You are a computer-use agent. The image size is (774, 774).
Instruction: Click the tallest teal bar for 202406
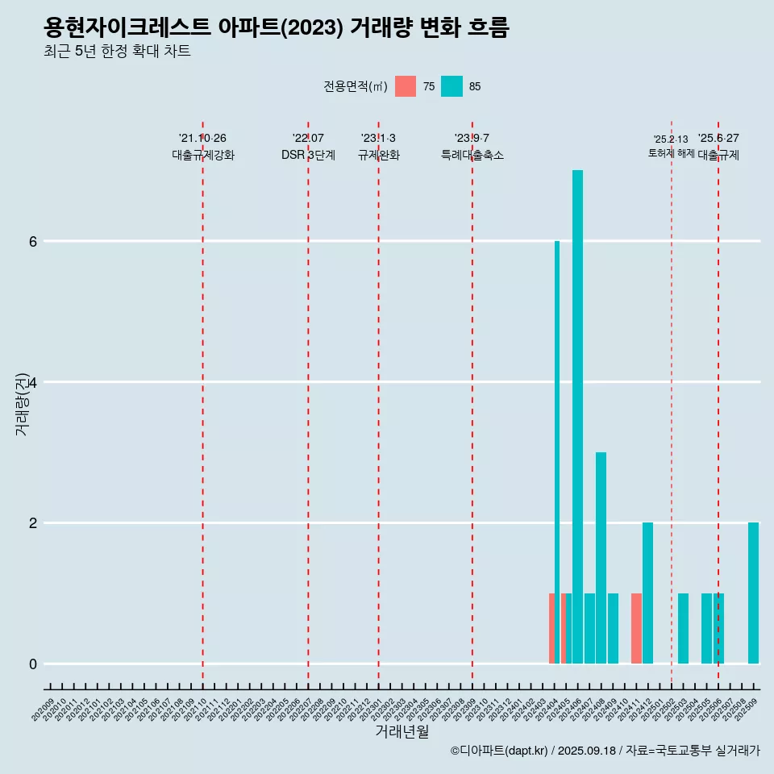pyautogui.click(x=577, y=417)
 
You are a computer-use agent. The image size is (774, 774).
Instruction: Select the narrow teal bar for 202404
pyautogui.click(x=556, y=451)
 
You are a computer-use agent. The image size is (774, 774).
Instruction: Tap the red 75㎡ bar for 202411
pyautogui.click(x=636, y=629)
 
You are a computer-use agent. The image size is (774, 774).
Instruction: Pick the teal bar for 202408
pyautogui.click(x=601, y=558)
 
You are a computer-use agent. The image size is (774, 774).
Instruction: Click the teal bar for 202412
pyautogui.click(x=647, y=593)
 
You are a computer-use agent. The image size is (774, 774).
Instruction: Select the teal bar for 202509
pyautogui.click(x=753, y=593)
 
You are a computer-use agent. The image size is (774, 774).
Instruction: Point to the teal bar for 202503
pyautogui.click(x=683, y=629)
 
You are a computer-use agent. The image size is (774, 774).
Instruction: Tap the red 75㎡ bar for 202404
pyautogui.click(x=551, y=629)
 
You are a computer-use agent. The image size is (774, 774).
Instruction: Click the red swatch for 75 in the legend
pyautogui.click(x=406, y=86)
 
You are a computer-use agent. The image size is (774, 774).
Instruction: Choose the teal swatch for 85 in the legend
pyautogui.click(x=451, y=86)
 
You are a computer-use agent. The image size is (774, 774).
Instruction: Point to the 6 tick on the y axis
pyautogui.click(x=32, y=241)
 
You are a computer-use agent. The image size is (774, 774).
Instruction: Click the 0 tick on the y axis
pyautogui.click(x=32, y=664)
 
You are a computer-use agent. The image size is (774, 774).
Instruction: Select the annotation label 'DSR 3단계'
pyautogui.click(x=308, y=155)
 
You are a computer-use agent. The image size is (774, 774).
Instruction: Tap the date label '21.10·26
pyautogui.click(x=202, y=138)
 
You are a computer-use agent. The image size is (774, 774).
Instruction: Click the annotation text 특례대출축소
pyautogui.click(x=472, y=155)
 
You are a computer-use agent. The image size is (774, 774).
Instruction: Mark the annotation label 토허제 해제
pyautogui.click(x=671, y=153)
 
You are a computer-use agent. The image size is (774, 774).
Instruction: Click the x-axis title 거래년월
pyautogui.click(x=402, y=731)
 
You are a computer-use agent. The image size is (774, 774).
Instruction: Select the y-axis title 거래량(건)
pyautogui.click(x=22, y=403)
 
